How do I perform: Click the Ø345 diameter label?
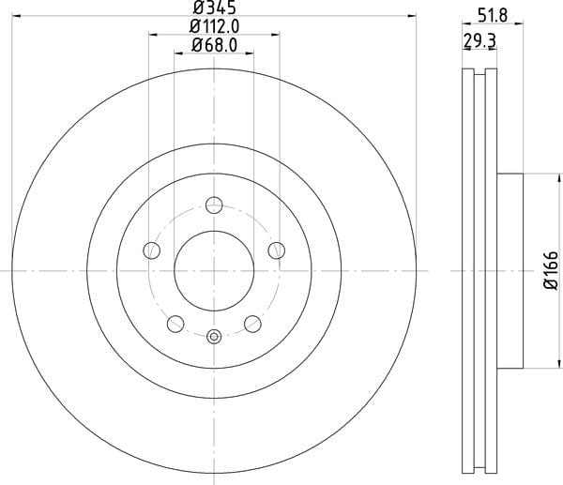pos(214,7)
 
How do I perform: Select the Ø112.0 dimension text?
pos(214,26)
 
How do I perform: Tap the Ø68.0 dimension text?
pos(214,45)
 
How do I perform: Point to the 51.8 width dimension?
pos(493,16)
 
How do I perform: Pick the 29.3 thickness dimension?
pos(479,40)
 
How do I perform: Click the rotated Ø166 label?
pos(551,270)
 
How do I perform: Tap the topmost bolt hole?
pos(214,205)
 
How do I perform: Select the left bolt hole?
pos(151,250)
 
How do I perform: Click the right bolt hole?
pos(277,250)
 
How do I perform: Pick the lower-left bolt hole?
pos(175,324)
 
